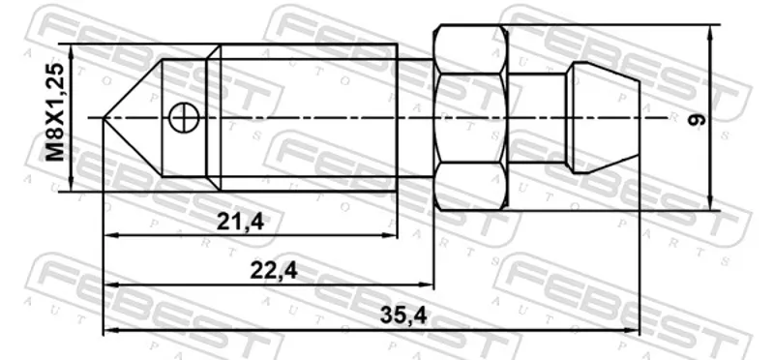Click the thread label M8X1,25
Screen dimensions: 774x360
click(x=55, y=112)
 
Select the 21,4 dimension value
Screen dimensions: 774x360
click(x=240, y=223)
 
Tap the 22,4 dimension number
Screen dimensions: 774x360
click(x=274, y=270)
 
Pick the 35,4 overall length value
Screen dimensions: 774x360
click(x=403, y=315)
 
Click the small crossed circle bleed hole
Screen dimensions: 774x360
click(x=183, y=117)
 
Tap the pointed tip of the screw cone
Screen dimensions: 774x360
click(x=104, y=117)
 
